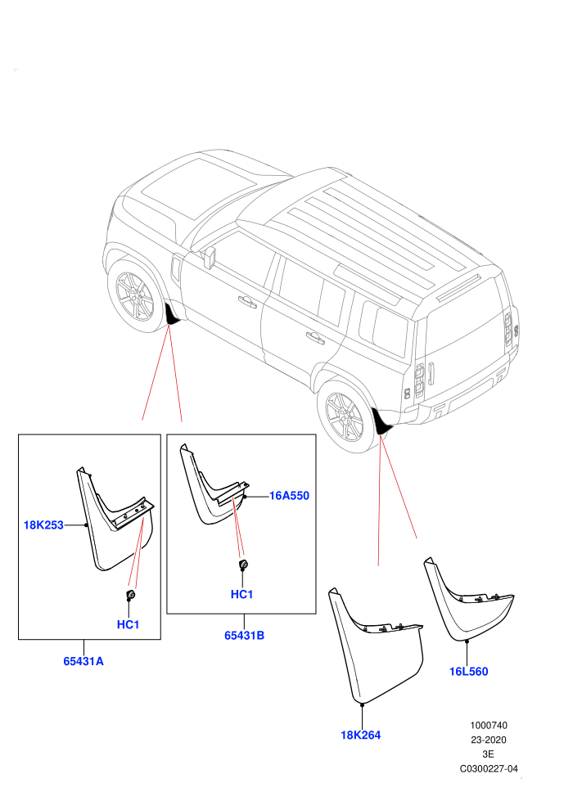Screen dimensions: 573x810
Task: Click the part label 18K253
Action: coord(43,524)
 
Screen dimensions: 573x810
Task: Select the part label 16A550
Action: coord(289,496)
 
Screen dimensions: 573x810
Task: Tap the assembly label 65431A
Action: coord(83,661)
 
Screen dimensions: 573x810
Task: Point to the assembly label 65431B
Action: coord(244,636)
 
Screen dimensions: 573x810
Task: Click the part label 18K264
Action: coord(361,735)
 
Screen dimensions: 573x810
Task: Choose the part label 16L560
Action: coord(468,672)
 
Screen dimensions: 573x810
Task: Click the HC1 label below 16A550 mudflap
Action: coord(241,595)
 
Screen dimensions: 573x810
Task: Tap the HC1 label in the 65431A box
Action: coord(129,624)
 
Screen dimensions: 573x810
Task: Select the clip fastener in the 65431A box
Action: coord(131,595)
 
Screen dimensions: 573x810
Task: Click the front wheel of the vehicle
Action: coord(133,295)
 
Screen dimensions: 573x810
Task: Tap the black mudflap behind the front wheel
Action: coord(172,315)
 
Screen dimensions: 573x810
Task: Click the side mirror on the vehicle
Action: coord(209,258)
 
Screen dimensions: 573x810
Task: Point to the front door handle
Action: coord(247,302)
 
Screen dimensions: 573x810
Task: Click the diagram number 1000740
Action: coord(488,726)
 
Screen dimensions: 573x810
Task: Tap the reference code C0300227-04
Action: coord(488,769)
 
